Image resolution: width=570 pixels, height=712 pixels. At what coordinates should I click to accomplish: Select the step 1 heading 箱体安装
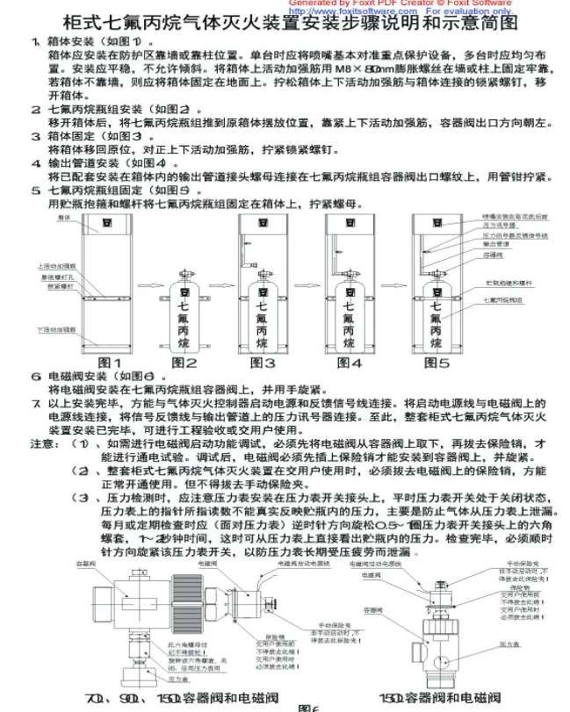click(x=71, y=41)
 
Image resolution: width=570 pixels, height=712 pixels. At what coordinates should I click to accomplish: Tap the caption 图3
click(x=263, y=362)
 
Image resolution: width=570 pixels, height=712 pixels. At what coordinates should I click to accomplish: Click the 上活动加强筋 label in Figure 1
click(x=54, y=264)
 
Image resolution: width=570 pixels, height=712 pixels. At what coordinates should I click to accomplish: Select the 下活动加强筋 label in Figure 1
click(x=55, y=330)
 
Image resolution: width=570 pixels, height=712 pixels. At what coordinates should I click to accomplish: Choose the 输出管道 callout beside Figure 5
click(x=497, y=245)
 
